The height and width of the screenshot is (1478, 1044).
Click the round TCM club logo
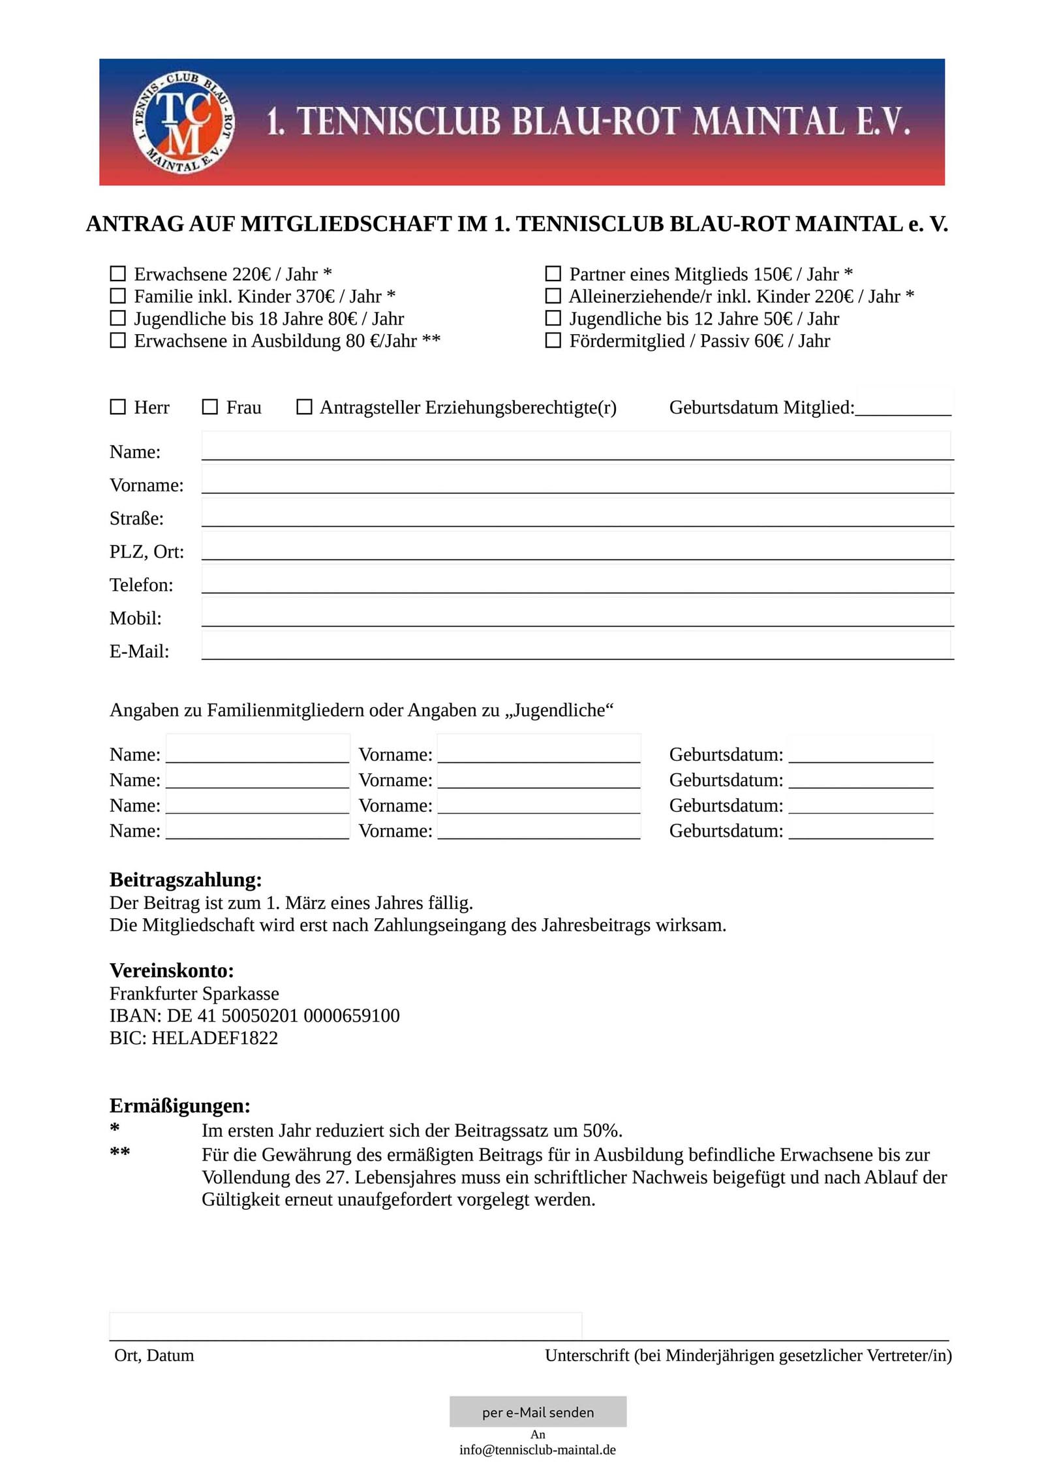(183, 122)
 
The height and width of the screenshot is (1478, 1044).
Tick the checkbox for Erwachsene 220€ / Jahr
(117, 273)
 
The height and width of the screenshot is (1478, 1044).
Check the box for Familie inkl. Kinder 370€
(117, 296)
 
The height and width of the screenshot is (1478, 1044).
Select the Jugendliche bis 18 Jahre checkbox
(117, 318)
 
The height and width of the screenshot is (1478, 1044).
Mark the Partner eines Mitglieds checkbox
(553, 273)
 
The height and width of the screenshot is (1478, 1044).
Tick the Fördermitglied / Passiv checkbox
(553, 340)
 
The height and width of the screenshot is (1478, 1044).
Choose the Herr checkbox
(117, 407)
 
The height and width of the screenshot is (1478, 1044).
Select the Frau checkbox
(209, 407)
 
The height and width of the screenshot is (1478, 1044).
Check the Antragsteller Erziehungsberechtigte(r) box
(304, 407)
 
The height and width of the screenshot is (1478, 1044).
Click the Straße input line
(576, 513)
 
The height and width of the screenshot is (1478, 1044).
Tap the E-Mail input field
(576, 646)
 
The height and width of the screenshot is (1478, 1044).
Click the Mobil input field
(576, 613)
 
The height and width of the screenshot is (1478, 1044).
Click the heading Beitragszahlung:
(186, 880)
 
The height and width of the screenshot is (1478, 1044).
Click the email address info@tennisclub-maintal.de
(537, 1449)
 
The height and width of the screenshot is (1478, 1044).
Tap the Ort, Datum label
(154, 1355)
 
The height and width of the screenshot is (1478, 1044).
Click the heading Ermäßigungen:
(180, 1105)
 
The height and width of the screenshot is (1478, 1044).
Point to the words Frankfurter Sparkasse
(194, 993)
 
